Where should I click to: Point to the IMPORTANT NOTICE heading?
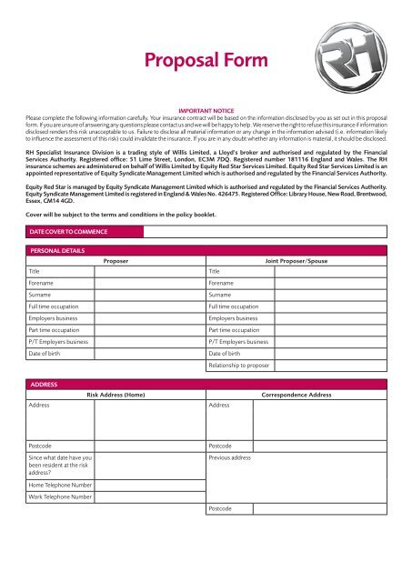pyautogui.click(x=206, y=111)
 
